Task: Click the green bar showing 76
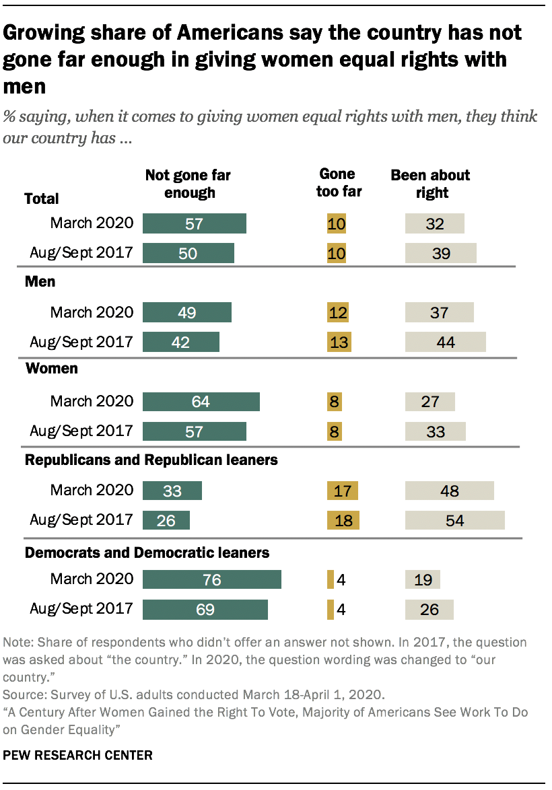212,579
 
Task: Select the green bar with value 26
166,521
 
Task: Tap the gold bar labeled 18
343,521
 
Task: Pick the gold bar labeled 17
342,491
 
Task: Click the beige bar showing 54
455,521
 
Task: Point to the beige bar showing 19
423,579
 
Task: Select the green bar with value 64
201,402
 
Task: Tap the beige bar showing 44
445,342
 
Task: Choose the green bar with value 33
172,491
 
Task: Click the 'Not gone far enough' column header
188,184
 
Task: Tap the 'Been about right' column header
430,184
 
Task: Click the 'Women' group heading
51,369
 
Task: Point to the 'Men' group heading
40,282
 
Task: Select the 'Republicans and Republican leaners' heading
151,460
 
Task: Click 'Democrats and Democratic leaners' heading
147,552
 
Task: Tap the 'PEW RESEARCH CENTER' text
78,756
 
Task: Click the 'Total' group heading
42,199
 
